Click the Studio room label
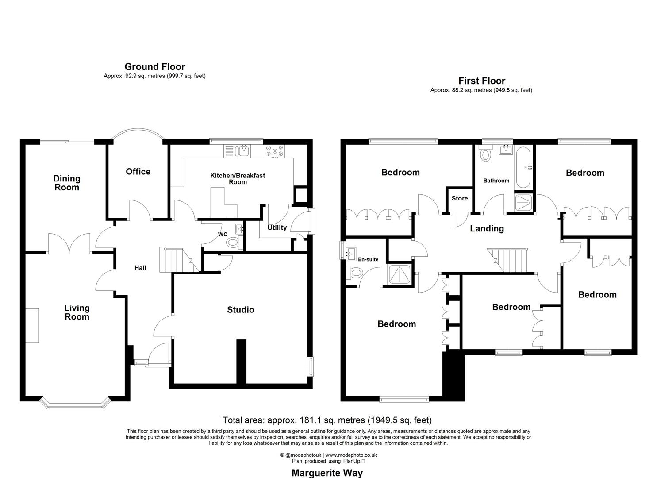point(241,310)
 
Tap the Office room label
point(138,172)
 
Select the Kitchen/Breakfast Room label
point(238,178)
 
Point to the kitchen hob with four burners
point(275,151)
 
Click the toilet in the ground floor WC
point(233,242)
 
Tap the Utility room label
point(277,227)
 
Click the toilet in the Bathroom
point(486,154)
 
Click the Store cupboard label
point(460,198)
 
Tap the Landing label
point(487,229)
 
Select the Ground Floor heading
point(154,67)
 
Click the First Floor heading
point(481,81)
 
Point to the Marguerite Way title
point(327,473)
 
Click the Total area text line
point(327,420)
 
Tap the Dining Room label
point(67,183)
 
